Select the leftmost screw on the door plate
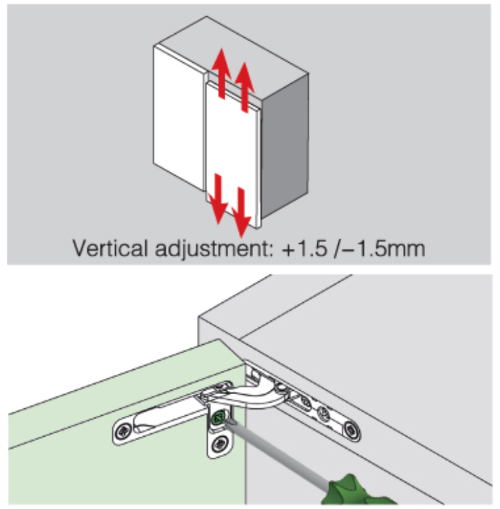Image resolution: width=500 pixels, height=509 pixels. click(122, 431)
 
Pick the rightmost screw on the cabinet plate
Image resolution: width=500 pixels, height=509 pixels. click(350, 427)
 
